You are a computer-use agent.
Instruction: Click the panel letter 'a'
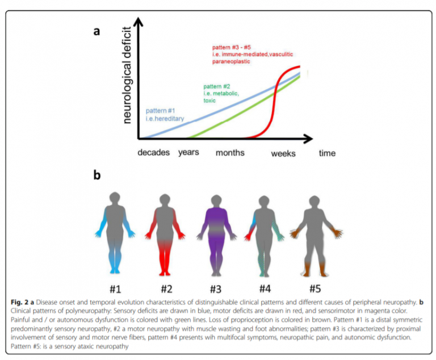97,31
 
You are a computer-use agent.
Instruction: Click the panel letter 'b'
97,175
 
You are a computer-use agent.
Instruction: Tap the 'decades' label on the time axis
154,153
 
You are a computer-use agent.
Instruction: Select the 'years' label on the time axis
188,153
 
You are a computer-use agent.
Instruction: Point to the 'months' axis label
230,153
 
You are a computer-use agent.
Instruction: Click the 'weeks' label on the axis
283,153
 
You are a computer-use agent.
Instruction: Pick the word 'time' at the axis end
327,153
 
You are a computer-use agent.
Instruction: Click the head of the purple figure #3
214,200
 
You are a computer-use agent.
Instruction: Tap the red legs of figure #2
165,261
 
